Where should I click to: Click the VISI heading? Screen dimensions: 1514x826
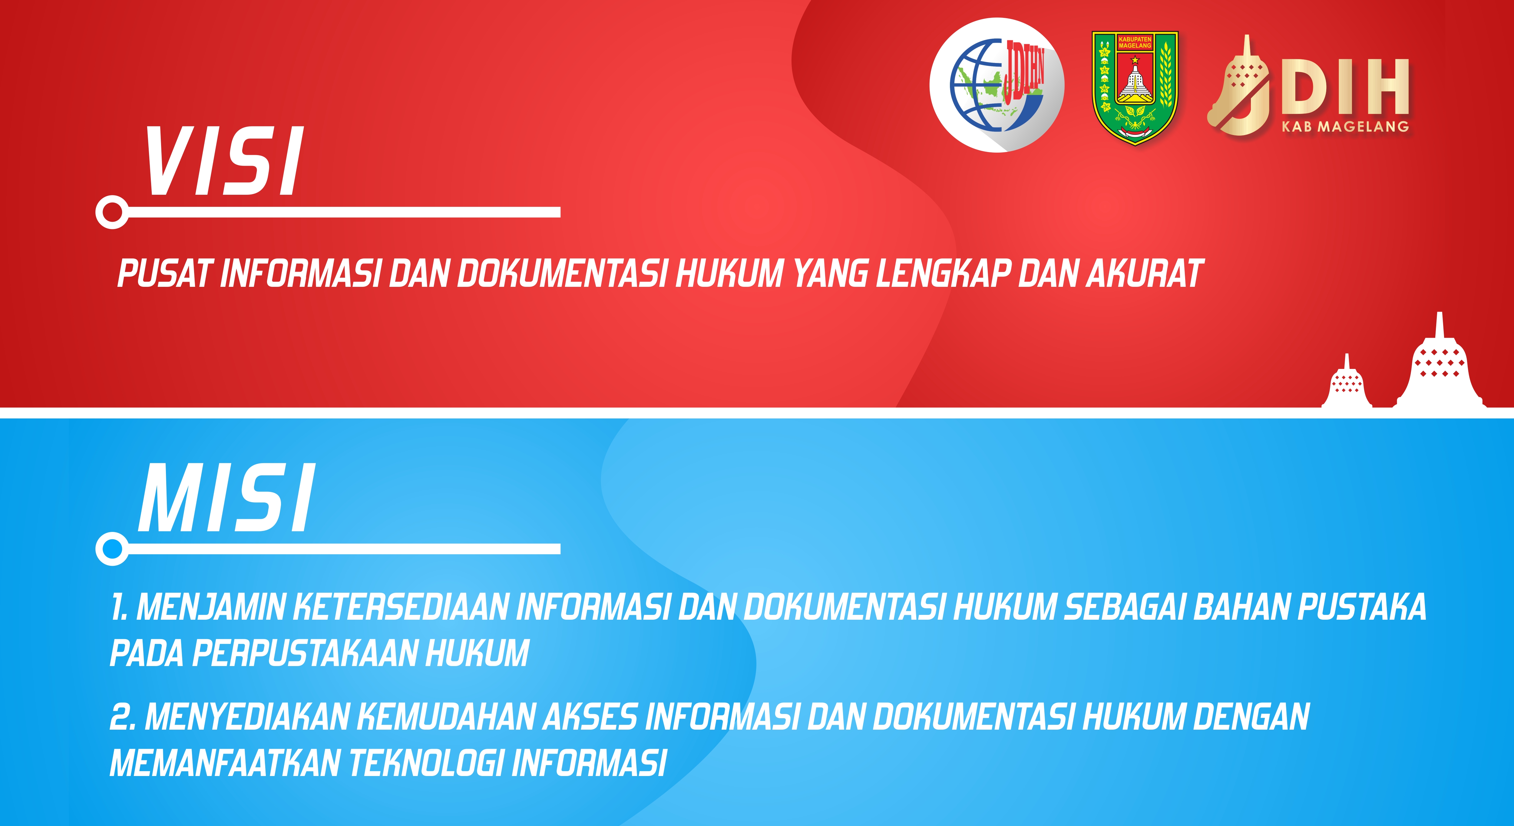[x=224, y=161]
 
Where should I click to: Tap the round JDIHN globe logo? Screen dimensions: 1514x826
[x=997, y=85]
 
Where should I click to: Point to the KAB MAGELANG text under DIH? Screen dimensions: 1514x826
[x=1345, y=126]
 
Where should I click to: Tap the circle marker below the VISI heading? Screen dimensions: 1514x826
[x=112, y=212]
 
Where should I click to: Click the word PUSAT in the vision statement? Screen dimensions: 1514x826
[x=164, y=274]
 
